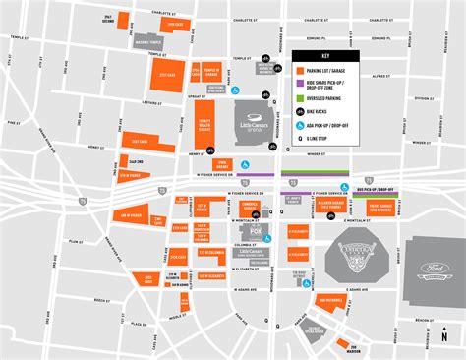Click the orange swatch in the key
click(x=298, y=71)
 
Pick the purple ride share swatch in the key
click(x=298, y=86)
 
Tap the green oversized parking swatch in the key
click(x=298, y=98)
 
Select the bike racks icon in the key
click(x=298, y=112)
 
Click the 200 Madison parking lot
click(x=343, y=345)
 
